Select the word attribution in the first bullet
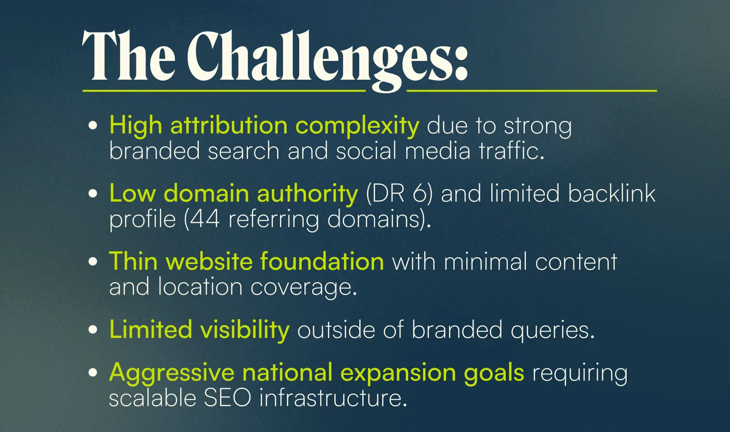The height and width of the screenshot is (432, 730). click(229, 125)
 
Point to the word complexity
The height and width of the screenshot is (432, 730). click(357, 126)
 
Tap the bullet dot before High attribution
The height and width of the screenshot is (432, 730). click(93, 125)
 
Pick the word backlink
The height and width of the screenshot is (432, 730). click(612, 193)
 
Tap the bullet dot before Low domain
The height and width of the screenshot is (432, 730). click(93, 193)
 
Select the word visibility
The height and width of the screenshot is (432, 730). click(245, 330)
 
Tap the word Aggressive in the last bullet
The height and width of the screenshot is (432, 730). click(171, 373)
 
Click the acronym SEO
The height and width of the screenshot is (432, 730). click(227, 398)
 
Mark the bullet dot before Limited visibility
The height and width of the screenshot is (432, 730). click(93, 329)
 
